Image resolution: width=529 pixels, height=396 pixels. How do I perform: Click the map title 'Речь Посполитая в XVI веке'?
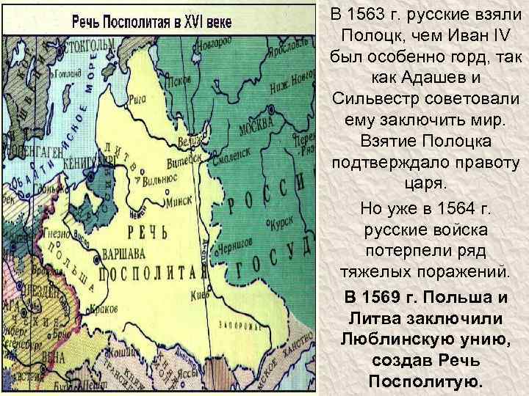pos(151,21)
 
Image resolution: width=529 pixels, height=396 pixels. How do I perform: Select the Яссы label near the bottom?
pos(181,370)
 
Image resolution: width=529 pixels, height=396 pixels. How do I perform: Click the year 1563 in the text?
pos(378,14)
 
